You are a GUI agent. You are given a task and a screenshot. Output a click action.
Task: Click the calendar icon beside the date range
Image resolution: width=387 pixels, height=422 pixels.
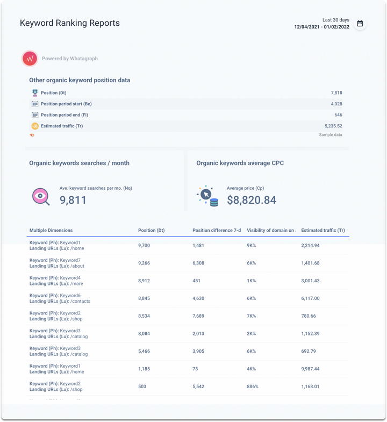(360, 24)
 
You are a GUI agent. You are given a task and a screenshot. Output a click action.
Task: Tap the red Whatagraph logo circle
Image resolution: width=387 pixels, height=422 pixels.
(30, 58)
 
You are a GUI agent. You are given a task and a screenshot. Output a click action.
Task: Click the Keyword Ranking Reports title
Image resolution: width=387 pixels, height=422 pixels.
(70, 23)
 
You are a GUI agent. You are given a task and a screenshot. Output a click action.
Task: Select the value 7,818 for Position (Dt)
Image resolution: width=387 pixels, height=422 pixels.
(336, 93)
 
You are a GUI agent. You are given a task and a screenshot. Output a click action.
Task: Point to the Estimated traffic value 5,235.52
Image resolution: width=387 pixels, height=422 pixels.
(332, 126)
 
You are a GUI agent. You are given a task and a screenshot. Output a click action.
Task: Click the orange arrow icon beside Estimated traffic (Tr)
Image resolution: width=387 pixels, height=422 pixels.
(35, 126)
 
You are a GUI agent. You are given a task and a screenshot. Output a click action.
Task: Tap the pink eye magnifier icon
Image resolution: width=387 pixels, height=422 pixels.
(41, 197)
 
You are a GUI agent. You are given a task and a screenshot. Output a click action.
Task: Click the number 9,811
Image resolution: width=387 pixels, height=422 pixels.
(73, 201)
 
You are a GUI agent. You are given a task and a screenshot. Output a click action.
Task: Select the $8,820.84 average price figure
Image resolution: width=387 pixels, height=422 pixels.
(251, 201)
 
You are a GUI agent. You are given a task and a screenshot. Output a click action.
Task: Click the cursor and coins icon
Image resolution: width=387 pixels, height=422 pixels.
(208, 196)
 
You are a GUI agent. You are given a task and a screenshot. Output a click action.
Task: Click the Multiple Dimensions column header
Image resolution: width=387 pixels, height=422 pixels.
(51, 231)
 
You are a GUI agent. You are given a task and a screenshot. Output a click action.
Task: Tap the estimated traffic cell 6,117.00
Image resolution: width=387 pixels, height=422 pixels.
(310, 298)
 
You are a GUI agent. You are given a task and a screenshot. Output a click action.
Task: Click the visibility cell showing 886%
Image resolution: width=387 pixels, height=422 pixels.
(252, 387)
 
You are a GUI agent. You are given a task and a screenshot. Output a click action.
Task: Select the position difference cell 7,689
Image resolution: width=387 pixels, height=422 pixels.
(202, 316)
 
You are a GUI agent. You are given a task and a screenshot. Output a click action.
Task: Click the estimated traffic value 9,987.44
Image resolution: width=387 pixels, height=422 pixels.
(310, 369)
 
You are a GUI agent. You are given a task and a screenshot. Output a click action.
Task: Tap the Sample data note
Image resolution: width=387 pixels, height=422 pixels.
(331, 135)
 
